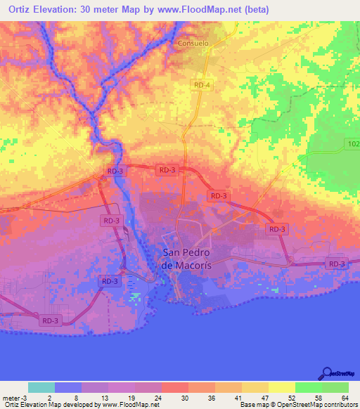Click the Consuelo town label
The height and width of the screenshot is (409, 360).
193,43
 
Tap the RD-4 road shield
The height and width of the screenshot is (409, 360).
201,84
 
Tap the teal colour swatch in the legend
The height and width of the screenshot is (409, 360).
41,387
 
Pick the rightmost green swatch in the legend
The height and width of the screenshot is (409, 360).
335,387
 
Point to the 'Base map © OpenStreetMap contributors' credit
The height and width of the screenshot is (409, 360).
298,405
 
